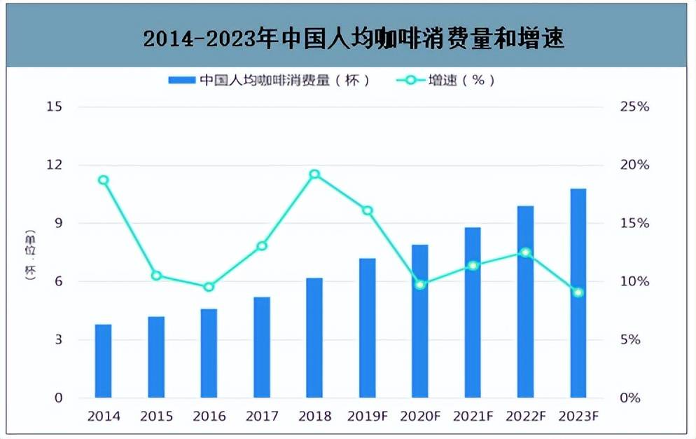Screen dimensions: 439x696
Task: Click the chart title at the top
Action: [354, 39]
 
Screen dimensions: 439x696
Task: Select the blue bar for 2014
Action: [104, 361]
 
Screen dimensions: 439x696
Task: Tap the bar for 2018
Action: [314, 338]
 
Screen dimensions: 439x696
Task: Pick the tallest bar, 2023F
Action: [578, 293]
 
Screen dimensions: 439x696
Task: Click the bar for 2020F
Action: [420, 321]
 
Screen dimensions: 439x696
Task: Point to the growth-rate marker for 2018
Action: [314, 175]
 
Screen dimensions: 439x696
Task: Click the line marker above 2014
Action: [104, 180]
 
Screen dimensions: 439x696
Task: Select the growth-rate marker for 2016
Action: [209, 287]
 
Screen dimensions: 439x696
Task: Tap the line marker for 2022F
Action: [526, 252]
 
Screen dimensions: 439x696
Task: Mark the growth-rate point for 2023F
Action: [578, 292]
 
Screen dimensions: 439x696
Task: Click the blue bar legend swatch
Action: [181, 81]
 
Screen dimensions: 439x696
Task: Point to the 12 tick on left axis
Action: [55, 165]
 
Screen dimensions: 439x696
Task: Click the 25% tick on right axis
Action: [634, 107]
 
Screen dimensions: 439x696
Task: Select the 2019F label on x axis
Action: [367, 416]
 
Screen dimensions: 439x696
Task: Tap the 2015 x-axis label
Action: [156, 416]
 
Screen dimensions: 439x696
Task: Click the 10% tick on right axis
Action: [634, 281]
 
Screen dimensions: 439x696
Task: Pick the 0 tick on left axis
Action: [58, 398]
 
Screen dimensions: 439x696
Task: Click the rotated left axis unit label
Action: [30, 255]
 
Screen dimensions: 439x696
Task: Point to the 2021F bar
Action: [473, 313]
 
